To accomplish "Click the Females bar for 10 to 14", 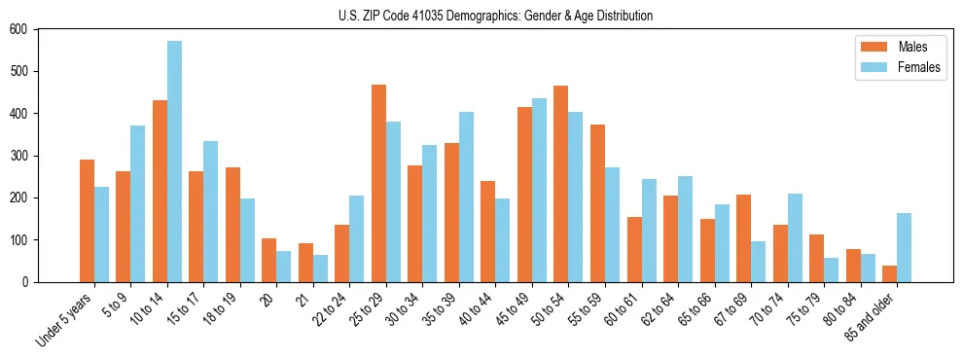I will click(174, 162).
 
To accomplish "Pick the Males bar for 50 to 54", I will click(561, 184).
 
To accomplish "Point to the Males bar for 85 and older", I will click(889, 273).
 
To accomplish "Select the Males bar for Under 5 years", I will click(87, 221).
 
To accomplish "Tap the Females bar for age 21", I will click(320, 269).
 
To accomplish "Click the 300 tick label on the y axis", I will click(18, 156).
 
